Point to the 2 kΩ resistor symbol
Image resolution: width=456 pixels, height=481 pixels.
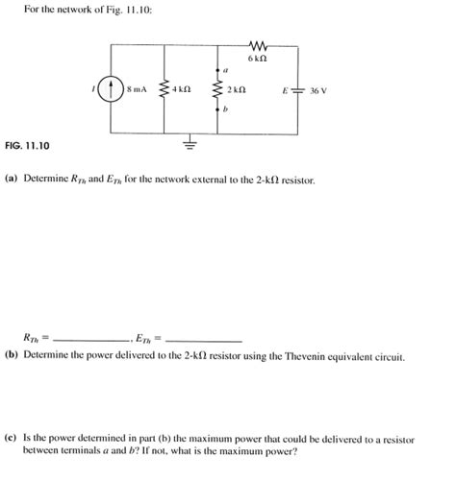217,93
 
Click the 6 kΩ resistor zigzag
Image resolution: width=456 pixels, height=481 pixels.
256,45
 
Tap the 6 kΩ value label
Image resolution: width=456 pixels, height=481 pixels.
256,59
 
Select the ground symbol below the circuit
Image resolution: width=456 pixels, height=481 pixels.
190,146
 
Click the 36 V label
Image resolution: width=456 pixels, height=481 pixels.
317,93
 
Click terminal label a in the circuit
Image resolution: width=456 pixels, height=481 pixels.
223,71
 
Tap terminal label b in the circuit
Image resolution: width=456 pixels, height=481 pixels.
223,112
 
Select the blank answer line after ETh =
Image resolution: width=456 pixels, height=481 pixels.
204,340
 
